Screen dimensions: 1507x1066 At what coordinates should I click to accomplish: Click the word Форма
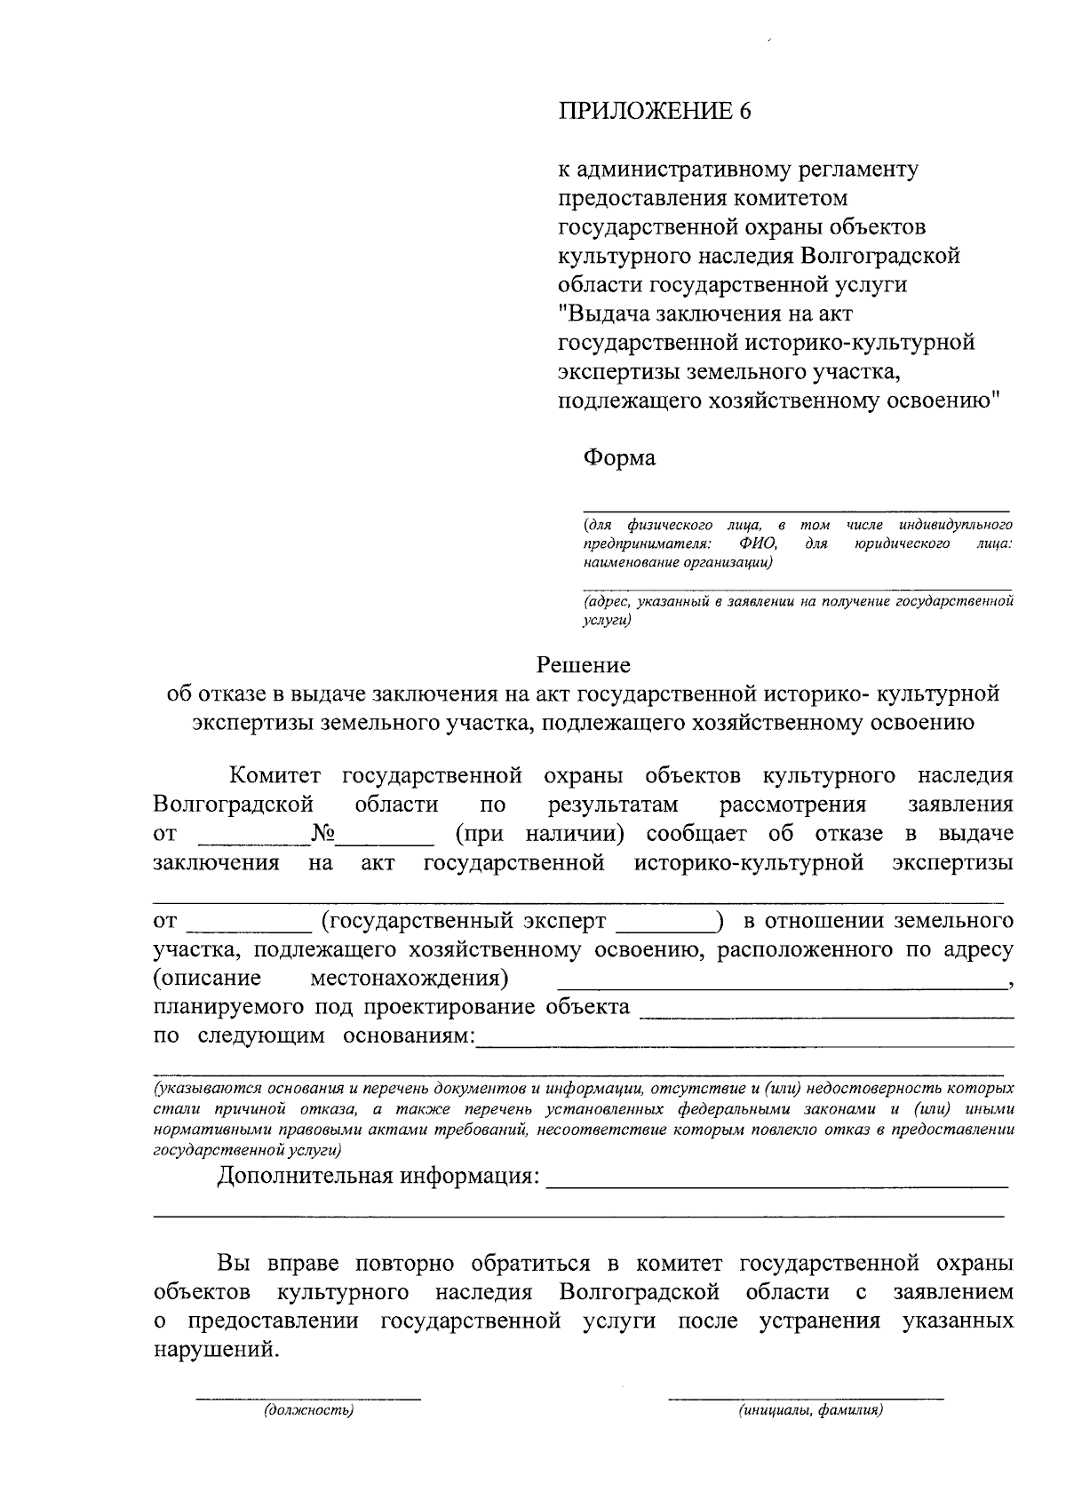pos(619,458)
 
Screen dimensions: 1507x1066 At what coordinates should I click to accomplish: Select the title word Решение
pos(584,664)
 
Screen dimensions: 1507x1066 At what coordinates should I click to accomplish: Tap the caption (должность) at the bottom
pos(308,1410)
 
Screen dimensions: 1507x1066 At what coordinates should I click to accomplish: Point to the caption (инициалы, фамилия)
pos(809,1410)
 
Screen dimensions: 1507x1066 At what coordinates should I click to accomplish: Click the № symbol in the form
pos(322,834)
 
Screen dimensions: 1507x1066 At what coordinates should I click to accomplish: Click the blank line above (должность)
pos(308,1398)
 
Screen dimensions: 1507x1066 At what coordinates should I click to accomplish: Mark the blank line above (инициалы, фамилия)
pos(806,1398)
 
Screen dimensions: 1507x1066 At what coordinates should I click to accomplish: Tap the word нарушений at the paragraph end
pos(215,1350)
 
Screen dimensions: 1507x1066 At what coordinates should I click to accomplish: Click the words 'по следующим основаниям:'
pos(314,1036)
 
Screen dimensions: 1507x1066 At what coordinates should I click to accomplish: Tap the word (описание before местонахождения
pos(207,979)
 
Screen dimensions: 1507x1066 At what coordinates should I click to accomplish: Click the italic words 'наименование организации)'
pos(678,562)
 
